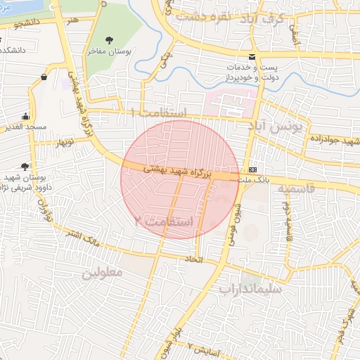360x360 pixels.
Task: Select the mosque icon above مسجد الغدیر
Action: (x=26, y=117)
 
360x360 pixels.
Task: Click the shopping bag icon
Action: (x=45, y=77)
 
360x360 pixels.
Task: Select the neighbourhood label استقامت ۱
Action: (x=162, y=113)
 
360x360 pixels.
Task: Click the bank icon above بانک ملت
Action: (x=253, y=171)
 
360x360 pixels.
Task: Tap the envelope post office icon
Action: (x=252, y=57)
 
